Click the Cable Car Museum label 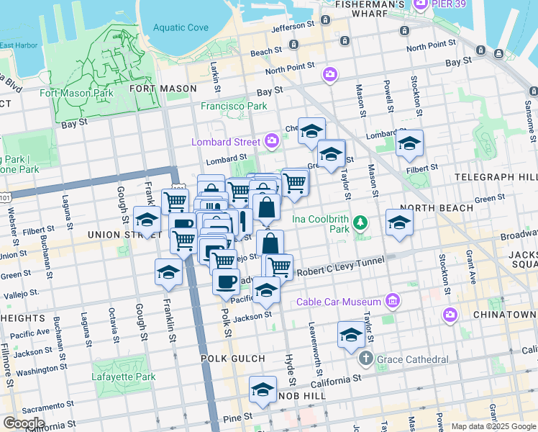[342, 303]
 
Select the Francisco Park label [234, 106]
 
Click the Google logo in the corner [24, 423]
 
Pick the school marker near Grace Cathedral [351, 335]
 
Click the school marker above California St [263, 390]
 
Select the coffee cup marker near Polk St [226, 280]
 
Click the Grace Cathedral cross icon [365, 359]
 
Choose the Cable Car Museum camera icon [393, 300]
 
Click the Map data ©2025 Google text [493, 426]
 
